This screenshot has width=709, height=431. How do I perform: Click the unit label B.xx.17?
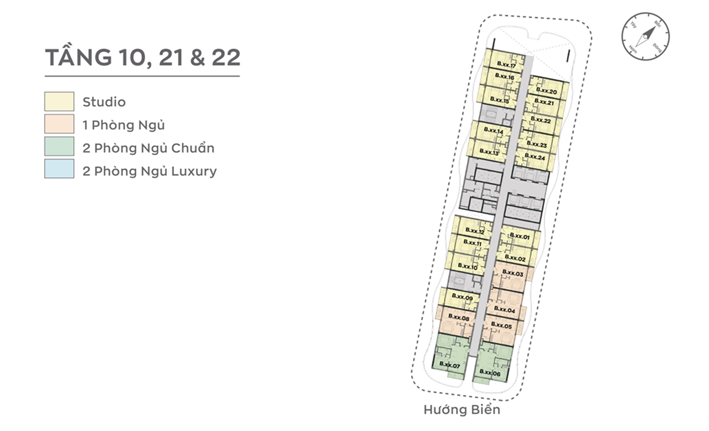[506, 66]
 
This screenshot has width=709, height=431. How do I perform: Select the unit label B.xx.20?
[546, 91]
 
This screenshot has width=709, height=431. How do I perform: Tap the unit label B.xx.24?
[534, 157]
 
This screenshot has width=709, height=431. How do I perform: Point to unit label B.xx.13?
[489, 151]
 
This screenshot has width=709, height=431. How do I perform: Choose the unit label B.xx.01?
[520, 237]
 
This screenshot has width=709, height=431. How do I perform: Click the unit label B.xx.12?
[475, 231]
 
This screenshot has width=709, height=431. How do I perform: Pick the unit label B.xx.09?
[461, 297]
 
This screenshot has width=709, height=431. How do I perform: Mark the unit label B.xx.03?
[512, 274]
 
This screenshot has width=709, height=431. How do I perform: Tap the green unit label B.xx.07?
[449, 366]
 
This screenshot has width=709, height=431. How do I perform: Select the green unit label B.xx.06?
[490, 373]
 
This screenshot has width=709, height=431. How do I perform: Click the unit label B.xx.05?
[501, 326]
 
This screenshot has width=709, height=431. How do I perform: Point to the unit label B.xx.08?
[459, 317]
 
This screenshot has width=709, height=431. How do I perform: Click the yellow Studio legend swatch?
[59, 101]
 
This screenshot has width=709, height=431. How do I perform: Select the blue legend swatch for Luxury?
[59, 169]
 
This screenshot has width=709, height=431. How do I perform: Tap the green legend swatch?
[59, 146]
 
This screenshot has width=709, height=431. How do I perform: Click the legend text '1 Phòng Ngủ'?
[124, 125]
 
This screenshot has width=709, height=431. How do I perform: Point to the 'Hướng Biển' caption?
[461, 410]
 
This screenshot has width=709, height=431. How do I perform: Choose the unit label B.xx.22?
[540, 120]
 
